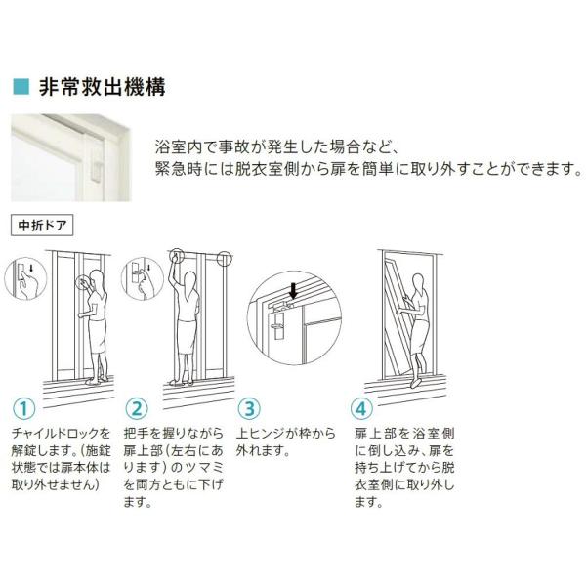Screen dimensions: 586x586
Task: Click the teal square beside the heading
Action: point(21,86)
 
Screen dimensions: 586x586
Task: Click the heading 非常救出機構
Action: point(102,87)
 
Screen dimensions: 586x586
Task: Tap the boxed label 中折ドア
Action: point(42,225)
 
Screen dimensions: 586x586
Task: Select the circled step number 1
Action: point(23,408)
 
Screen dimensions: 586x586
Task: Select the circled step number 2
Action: point(137,408)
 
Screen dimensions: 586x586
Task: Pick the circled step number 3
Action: point(249,408)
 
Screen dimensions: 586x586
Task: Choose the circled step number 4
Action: point(361,408)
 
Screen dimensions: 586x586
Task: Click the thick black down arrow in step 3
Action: point(294,291)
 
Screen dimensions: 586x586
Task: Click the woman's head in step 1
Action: point(97,278)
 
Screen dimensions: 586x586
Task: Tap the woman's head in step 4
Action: point(418,282)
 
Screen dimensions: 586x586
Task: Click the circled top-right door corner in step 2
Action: point(223,259)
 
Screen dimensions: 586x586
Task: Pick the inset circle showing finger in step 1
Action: point(25,278)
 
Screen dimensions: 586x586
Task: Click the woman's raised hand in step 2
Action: point(175,256)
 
